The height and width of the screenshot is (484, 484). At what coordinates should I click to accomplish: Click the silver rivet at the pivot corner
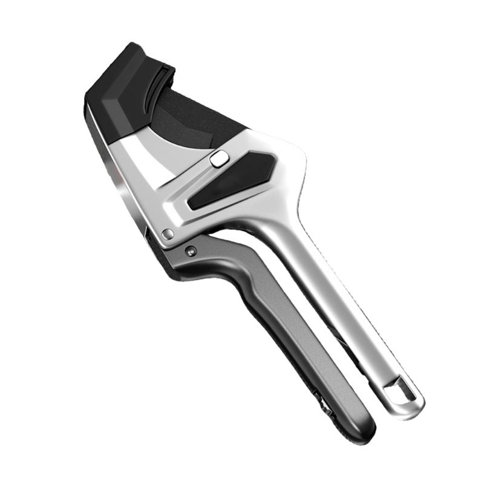click(168, 234)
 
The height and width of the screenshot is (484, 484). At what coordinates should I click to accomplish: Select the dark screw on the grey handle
click(191, 249)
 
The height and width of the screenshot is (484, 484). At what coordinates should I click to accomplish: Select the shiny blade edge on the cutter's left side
click(121, 181)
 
